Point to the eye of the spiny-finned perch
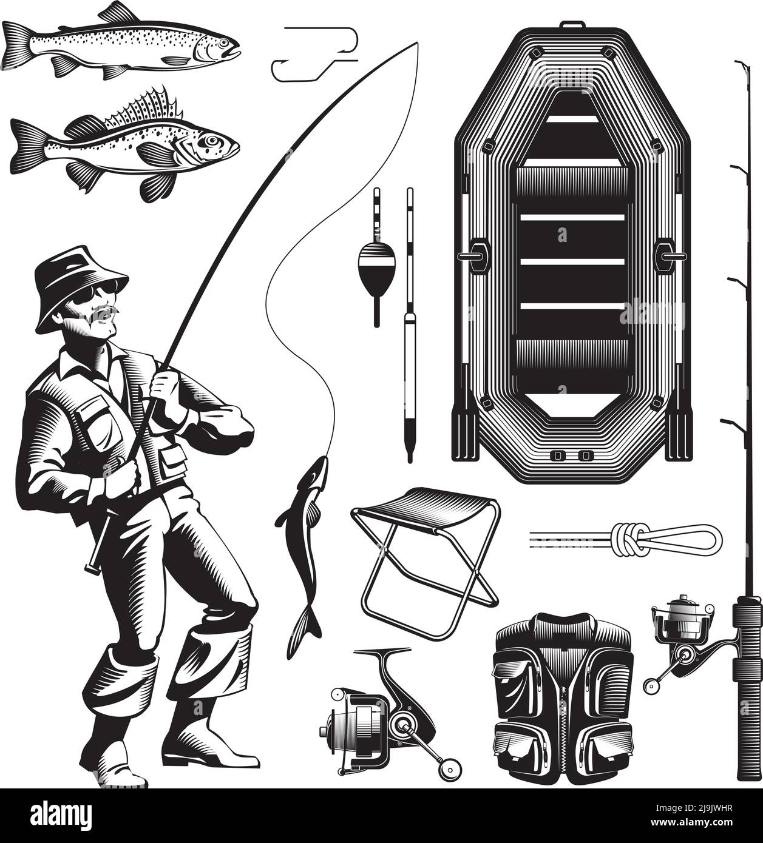click(x=210, y=141)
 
